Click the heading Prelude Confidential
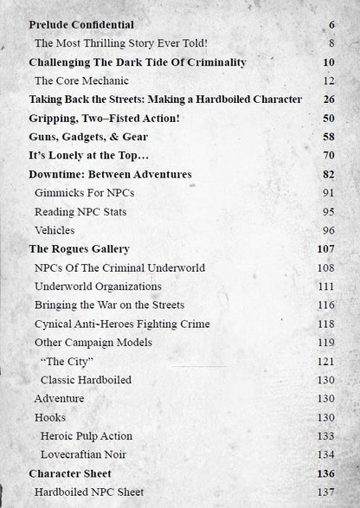[x=81, y=25]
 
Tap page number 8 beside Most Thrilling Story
[x=331, y=42]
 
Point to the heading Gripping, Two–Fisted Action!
[x=104, y=118]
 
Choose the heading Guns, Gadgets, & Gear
[x=88, y=137]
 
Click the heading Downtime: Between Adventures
[x=110, y=174]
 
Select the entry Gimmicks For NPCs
[x=84, y=193]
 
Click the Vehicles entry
[x=55, y=230]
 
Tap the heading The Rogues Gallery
[x=79, y=249]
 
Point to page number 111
[x=325, y=286]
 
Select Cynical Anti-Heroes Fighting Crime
[x=122, y=324]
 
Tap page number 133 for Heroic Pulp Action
[x=325, y=436]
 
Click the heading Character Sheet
[x=70, y=473]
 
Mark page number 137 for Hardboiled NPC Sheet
[x=325, y=492]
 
